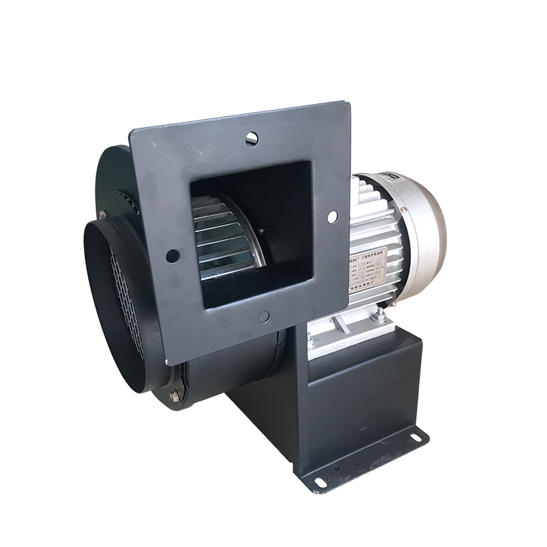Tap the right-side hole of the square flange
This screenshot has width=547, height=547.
coord(332,217)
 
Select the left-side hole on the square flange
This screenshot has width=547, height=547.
coord(172,256)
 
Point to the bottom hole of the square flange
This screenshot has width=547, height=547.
coord(263,317)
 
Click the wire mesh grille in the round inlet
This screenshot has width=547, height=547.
coord(126,301)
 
